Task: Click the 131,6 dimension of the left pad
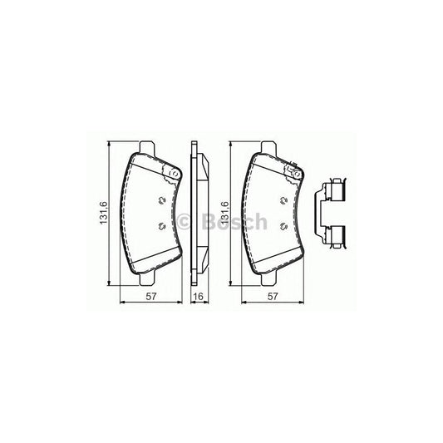point(103,221)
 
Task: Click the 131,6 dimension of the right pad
point(223,221)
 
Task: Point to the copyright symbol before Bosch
point(186,221)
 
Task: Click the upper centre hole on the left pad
point(160,199)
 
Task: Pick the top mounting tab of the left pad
point(147,150)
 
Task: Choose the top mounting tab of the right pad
point(268,150)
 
